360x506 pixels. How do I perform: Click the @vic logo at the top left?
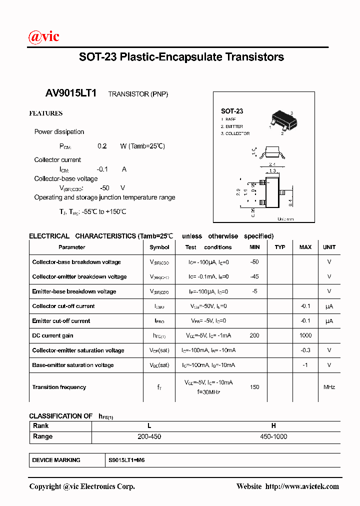[44, 36]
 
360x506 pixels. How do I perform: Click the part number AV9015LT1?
[71, 93]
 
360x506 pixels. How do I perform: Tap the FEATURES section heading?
[45, 113]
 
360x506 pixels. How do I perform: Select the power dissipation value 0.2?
[102, 146]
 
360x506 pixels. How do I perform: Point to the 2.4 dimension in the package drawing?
[272, 164]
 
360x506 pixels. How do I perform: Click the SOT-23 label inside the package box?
[232, 111]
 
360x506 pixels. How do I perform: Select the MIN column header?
[254, 247]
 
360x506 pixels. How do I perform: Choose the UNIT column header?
[329, 247]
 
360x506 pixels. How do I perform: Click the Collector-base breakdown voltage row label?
[76, 262]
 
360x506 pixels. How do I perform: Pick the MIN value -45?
[254, 276]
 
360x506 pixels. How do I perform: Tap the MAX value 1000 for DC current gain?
[305, 335]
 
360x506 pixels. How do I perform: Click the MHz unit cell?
[329, 387]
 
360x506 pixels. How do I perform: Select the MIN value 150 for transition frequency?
[254, 387]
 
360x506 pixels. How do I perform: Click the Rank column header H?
[273, 426]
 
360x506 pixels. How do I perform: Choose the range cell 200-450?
[149, 436]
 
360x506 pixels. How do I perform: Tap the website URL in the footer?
[301, 486]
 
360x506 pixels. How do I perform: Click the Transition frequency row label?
[59, 387]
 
